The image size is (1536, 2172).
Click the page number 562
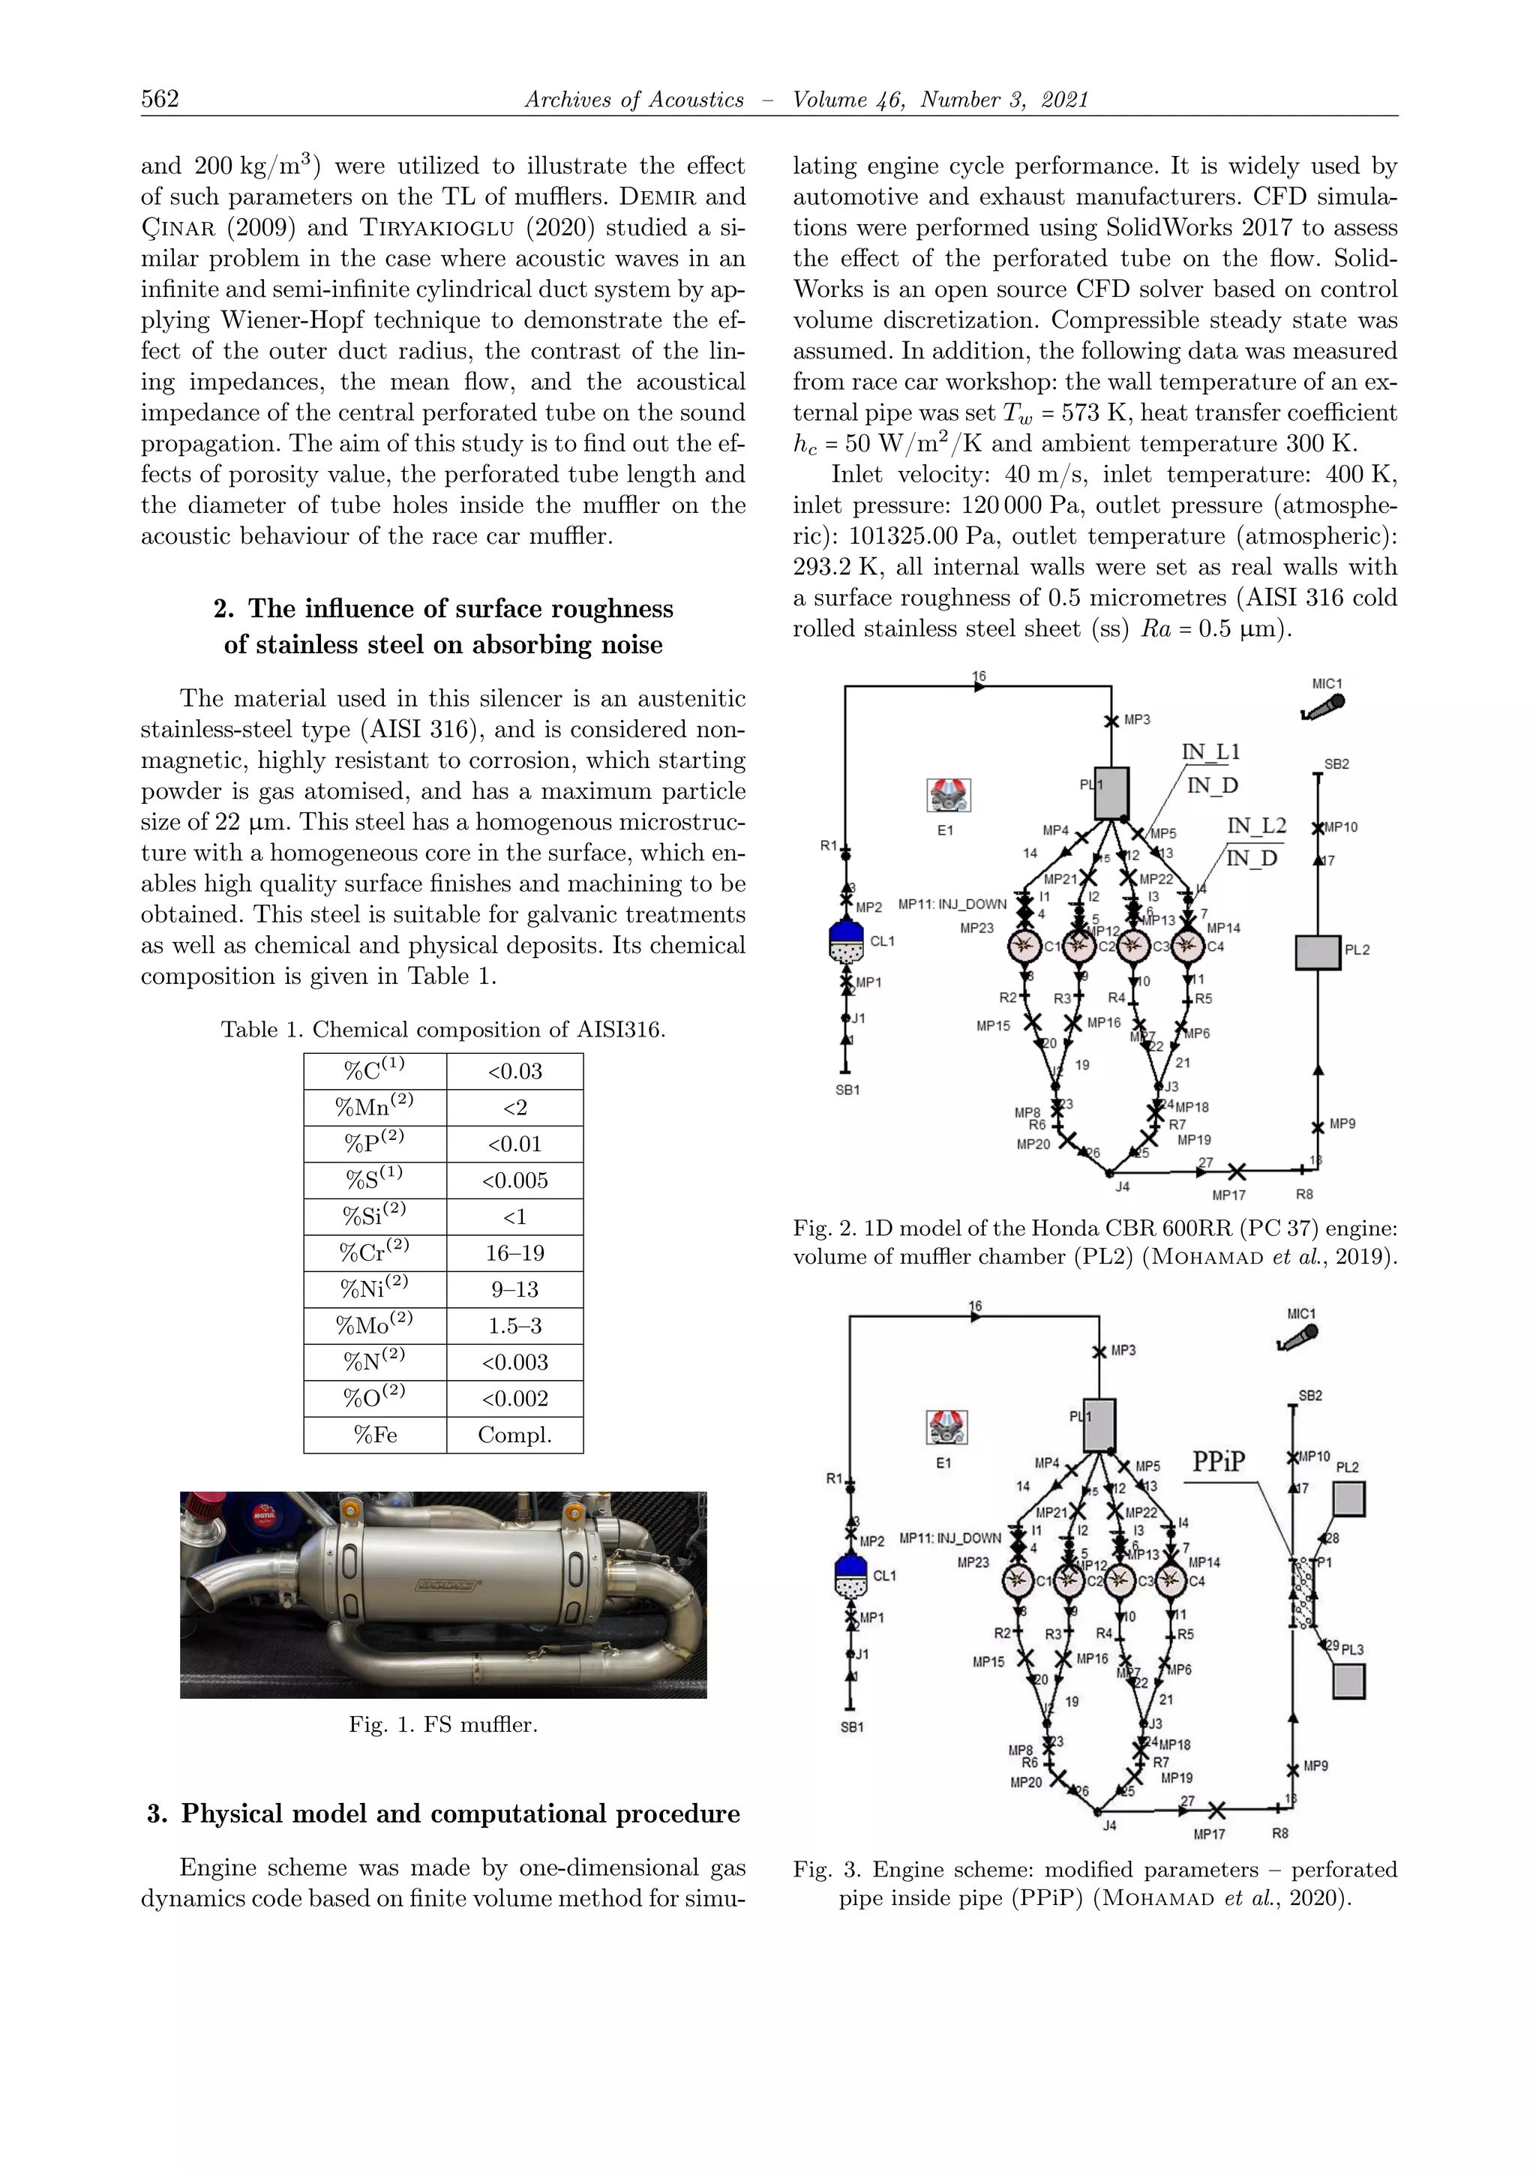[x=160, y=99]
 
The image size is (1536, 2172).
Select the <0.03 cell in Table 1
[x=514, y=1072]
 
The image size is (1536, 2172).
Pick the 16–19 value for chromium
[x=514, y=1253]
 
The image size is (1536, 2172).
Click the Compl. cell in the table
[x=514, y=1435]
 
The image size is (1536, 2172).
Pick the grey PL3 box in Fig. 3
[x=1348, y=1681]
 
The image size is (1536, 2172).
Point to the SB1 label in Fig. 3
[x=851, y=1727]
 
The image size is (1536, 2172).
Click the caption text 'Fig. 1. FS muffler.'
[x=442, y=1724]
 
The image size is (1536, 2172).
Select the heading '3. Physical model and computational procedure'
[x=443, y=1813]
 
